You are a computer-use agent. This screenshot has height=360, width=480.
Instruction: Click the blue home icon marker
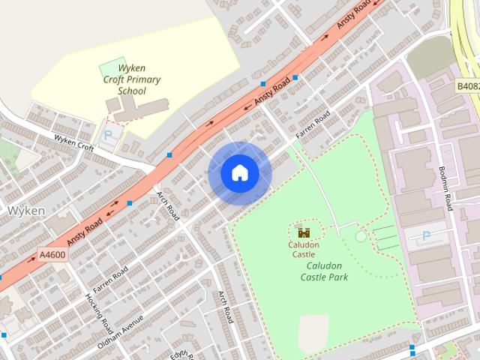coord(239,173)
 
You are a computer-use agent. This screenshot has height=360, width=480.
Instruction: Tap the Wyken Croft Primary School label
coord(132,79)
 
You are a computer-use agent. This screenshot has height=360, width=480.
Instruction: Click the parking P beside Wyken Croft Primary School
coord(109,136)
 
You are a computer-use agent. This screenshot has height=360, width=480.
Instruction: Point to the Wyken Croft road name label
coord(73,142)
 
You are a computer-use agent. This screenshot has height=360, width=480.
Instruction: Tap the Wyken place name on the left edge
coord(26,211)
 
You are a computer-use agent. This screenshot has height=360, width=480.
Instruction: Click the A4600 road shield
coord(52,255)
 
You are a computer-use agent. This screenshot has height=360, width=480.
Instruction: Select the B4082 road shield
coord(468,87)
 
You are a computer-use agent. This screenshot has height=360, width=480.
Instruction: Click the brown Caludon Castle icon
coord(304,232)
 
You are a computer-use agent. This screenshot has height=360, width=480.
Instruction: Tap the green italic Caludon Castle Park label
coord(324,271)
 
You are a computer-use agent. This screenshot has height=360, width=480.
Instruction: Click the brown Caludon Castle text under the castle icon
coord(304,249)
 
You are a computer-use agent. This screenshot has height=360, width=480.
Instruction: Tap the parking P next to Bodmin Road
coord(426,236)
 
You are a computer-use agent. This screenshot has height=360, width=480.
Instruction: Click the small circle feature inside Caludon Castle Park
coord(361,236)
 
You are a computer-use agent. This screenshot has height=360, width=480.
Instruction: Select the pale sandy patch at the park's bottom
coord(313,331)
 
